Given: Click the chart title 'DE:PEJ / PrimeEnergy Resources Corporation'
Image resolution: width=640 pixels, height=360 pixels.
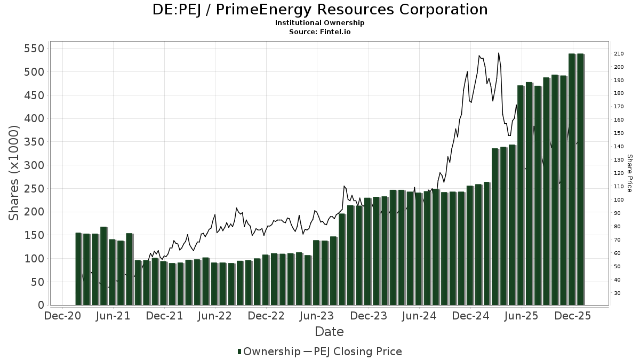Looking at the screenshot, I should tap(320, 10).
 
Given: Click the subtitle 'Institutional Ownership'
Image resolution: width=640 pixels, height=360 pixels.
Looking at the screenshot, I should tap(320, 23).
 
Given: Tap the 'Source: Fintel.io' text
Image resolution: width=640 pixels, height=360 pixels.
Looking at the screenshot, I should tap(320, 32).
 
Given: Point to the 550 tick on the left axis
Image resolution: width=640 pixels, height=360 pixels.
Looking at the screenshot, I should tap(33, 49).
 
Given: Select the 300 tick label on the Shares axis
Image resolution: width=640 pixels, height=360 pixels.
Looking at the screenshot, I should tap(33, 165).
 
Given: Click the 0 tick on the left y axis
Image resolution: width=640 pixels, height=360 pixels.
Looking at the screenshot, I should tap(41, 306).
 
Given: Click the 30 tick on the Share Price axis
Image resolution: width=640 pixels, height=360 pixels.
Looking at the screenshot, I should tap(617, 293).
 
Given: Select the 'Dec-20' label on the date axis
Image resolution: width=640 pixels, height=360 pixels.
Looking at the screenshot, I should tap(62, 316).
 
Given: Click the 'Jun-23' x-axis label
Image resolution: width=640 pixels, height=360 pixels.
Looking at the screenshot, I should tap(317, 316).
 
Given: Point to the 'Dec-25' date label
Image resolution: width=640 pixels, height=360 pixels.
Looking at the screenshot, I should tap(573, 316).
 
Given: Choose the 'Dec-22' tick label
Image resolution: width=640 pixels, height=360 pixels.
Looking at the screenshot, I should tap(266, 316).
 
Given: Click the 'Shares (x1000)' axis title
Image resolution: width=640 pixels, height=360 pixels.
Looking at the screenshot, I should tap(14, 173).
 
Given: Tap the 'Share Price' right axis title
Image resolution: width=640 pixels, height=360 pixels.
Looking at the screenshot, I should tap(629, 173).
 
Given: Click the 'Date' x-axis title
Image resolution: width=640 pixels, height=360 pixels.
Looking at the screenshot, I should tap(329, 332).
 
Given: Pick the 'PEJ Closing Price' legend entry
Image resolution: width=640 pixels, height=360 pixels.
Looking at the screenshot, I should tap(357, 351).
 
